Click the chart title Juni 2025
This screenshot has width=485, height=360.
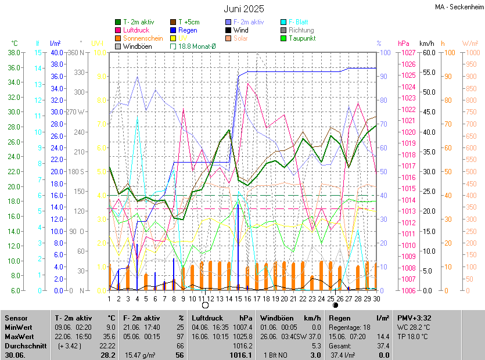243,9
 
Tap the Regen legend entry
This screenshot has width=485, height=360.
188,30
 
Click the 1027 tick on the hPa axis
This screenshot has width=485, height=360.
407,53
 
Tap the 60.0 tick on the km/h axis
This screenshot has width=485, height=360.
429,53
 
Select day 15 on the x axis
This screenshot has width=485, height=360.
238,299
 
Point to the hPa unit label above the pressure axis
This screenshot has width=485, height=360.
404,44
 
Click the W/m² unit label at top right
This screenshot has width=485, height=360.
470,44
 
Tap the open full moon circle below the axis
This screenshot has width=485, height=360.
204,305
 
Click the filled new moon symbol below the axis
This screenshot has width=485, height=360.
335,305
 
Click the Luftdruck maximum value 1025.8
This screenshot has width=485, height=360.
243,336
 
